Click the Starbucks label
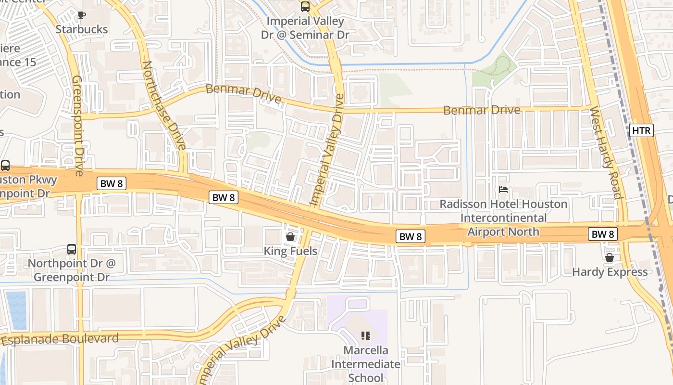82,29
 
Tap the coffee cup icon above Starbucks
82,15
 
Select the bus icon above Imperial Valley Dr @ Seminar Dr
305,7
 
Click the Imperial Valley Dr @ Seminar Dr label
305,28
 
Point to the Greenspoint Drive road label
78,125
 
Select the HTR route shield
641,130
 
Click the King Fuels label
290,251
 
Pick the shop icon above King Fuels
290,236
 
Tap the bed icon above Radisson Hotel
503,190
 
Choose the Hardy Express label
610,272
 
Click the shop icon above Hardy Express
610,257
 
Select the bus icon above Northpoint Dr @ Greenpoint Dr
72,249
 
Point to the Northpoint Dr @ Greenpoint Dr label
72,270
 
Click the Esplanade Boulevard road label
60,339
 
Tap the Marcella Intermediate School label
366,364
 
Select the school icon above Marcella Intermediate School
366,335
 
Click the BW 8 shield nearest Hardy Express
603,234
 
